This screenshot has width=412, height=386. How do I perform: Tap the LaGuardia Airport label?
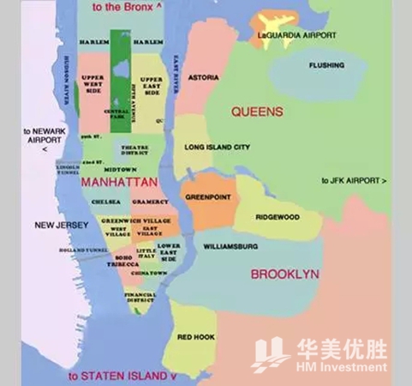coord(296,35)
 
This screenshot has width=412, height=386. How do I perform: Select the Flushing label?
coord(326,65)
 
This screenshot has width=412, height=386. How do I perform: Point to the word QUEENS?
coord(256,112)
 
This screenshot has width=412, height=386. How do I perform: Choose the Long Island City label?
coord(218,148)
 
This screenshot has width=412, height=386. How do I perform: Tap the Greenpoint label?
coord(208,196)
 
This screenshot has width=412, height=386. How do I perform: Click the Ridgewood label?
coord(278,218)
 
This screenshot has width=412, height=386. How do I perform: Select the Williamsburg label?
coord(230,246)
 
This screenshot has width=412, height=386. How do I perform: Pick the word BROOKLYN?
coord(285,274)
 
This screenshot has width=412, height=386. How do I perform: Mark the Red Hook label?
coord(195,338)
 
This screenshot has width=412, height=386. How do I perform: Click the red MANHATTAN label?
coord(118,183)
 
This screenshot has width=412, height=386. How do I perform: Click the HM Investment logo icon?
coord(271,353)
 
